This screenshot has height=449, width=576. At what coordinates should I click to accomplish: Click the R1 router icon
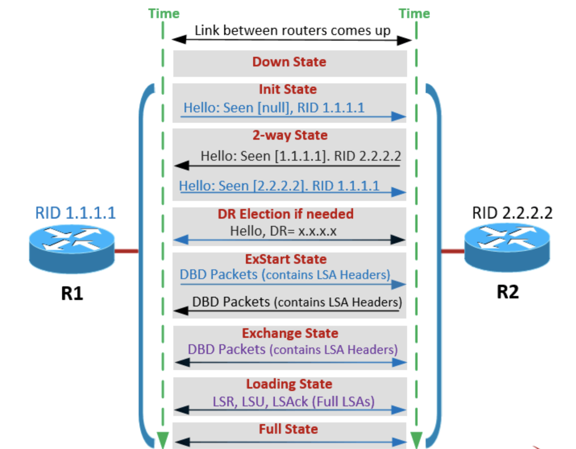(x=72, y=248)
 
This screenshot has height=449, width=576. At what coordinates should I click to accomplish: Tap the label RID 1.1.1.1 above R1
(x=75, y=213)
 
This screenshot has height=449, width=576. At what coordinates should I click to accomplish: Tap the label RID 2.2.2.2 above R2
(x=512, y=213)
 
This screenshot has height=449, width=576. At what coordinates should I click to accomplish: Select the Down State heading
(x=289, y=62)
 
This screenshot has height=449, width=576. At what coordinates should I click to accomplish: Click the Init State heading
(x=288, y=89)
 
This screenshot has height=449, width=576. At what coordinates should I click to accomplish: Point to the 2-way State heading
(x=290, y=135)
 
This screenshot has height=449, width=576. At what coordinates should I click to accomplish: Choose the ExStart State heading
(x=286, y=259)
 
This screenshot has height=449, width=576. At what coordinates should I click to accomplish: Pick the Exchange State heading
(x=290, y=333)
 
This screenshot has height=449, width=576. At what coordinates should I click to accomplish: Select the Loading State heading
(x=289, y=384)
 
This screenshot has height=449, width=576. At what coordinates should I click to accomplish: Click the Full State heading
(x=288, y=429)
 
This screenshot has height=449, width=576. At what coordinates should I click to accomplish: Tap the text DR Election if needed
(x=285, y=214)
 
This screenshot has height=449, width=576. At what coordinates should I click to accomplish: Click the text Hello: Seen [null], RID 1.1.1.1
(x=274, y=108)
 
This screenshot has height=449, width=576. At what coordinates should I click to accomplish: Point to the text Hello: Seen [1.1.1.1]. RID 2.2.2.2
(x=301, y=156)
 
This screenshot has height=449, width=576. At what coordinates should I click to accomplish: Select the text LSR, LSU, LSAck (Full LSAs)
(x=293, y=401)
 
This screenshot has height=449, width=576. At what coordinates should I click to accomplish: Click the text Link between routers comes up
(x=292, y=31)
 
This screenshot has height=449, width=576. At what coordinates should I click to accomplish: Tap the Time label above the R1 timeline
(x=164, y=14)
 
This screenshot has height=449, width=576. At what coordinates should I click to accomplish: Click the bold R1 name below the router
(x=72, y=293)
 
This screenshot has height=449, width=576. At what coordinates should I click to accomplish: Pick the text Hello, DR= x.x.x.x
(x=283, y=231)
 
